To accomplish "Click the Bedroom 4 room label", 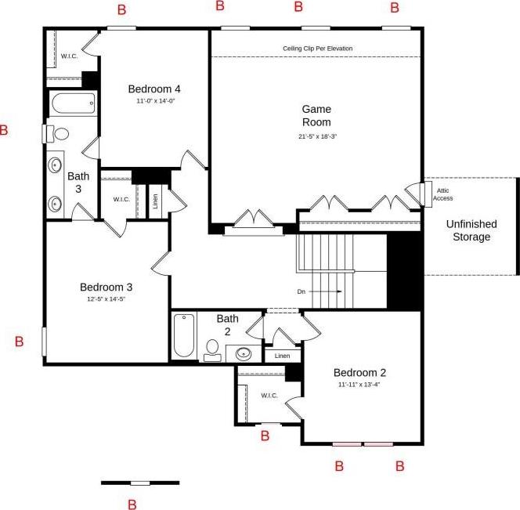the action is (x=154, y=89).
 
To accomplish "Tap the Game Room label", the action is (x=316, y=115).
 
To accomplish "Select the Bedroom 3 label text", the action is (x=107, y=287).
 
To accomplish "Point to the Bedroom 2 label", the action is (x=359, y=373).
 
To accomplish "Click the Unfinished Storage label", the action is (x=471, y=230).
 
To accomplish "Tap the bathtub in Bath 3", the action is (x=74, y=103).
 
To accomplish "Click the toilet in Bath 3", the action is (x=57, y=134).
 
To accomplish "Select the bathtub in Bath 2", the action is (x=184, y=335).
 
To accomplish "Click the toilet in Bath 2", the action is (x=212, y=350).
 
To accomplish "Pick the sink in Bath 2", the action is (x=244, y=353).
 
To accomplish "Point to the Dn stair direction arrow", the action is (x=327, y=291).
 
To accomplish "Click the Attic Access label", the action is (x=442, y=194).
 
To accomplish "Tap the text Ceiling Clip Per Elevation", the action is (x=317, y=49).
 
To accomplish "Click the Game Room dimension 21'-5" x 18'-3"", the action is (x=317, y=136).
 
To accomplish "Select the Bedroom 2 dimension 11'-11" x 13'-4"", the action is (x=359, y=385).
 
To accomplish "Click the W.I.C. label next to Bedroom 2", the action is (x=269, y=396).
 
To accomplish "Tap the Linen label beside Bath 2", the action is (x=282, y=356).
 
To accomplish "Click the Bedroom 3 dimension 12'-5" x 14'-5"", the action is (x=107, y=299).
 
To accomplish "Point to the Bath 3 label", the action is (x=78, y=183).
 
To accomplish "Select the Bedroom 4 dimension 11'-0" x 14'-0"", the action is (x=156, y=101).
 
